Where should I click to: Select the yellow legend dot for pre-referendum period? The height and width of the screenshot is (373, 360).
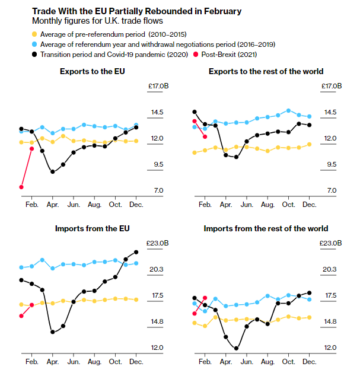(x=35, y=33)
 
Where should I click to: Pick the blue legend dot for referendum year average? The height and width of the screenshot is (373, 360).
(x=35, y=44)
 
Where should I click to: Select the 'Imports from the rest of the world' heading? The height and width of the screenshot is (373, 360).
(x=266, y=228)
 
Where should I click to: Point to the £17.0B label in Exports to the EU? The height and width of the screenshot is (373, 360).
(x=158, y=87)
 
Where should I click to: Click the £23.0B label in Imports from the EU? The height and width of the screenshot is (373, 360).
(x=158, y=243)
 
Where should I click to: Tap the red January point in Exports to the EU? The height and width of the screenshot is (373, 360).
(x=21, y=187)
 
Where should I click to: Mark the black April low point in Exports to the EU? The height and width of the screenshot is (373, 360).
(x=53, y=172)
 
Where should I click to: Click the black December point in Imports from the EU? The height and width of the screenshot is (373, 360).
(x=136, y=253)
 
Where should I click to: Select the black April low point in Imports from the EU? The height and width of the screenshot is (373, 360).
(x=53, y=332)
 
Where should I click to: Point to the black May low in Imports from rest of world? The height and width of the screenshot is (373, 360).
(x=237, y=349)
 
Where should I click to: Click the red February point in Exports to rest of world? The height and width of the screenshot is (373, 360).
(x=205, y=137)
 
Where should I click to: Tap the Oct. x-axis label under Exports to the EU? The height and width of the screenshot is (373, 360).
(x=115, y=204)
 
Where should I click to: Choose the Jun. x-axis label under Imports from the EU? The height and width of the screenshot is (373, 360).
(x=74, y=361)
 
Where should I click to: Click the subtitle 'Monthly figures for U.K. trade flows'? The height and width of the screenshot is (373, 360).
(x=89, y=21)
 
